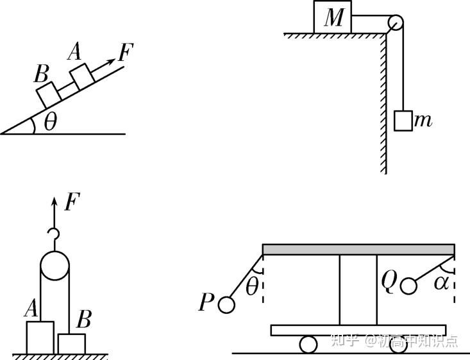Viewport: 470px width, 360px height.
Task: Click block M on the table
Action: (x=333, y=17)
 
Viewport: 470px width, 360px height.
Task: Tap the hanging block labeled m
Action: (x=403, y=121)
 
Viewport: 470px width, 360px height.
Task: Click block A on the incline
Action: (x=83, y=76)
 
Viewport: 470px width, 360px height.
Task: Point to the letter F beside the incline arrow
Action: (x=125, y=53)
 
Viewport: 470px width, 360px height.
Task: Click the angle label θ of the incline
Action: (x=49, y=123)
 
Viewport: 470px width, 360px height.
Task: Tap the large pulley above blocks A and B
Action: (x=56, y=265)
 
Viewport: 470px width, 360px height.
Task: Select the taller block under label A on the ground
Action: (x=40, y=337)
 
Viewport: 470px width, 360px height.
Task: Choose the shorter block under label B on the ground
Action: (x=71, y=343)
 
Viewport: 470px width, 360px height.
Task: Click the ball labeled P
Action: (x=226, y=304)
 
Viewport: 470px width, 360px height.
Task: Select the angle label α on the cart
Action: (x=439, y=283)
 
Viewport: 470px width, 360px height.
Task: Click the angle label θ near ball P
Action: (x=252, y=287)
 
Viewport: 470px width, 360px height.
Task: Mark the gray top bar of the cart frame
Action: (x=358, y=249)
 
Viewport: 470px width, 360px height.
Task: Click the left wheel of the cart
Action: (x=308, y=344)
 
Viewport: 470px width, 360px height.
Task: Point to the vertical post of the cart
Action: (x=358, y=289)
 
